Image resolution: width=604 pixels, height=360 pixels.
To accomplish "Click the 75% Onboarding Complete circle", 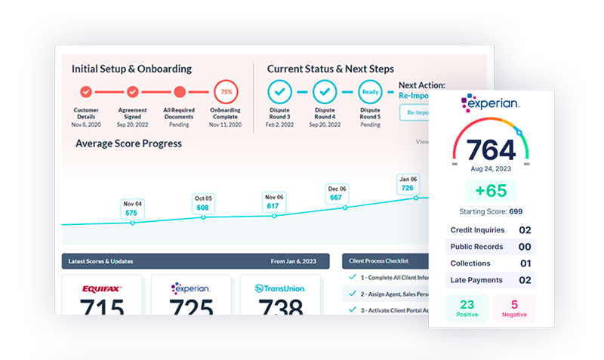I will coord(225,93).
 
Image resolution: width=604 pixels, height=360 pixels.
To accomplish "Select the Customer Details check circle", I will coord(86,92).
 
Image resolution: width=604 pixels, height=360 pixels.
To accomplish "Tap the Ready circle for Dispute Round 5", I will coord(369,92).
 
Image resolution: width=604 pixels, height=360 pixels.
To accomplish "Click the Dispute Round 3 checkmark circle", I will coord(279,92).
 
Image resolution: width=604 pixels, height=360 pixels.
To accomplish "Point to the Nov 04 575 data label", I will coord(133,208).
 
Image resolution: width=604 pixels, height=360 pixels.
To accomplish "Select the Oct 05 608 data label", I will coord(203,203).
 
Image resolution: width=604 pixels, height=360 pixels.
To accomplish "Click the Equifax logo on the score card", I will coord(102,288).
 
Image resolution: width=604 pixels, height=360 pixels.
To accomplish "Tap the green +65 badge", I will coord(491,190).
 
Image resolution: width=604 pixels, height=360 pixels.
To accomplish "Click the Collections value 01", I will coord(525,263).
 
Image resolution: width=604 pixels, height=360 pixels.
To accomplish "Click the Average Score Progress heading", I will coord(128,143).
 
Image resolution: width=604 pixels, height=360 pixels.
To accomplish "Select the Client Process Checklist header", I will coord(378,261).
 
